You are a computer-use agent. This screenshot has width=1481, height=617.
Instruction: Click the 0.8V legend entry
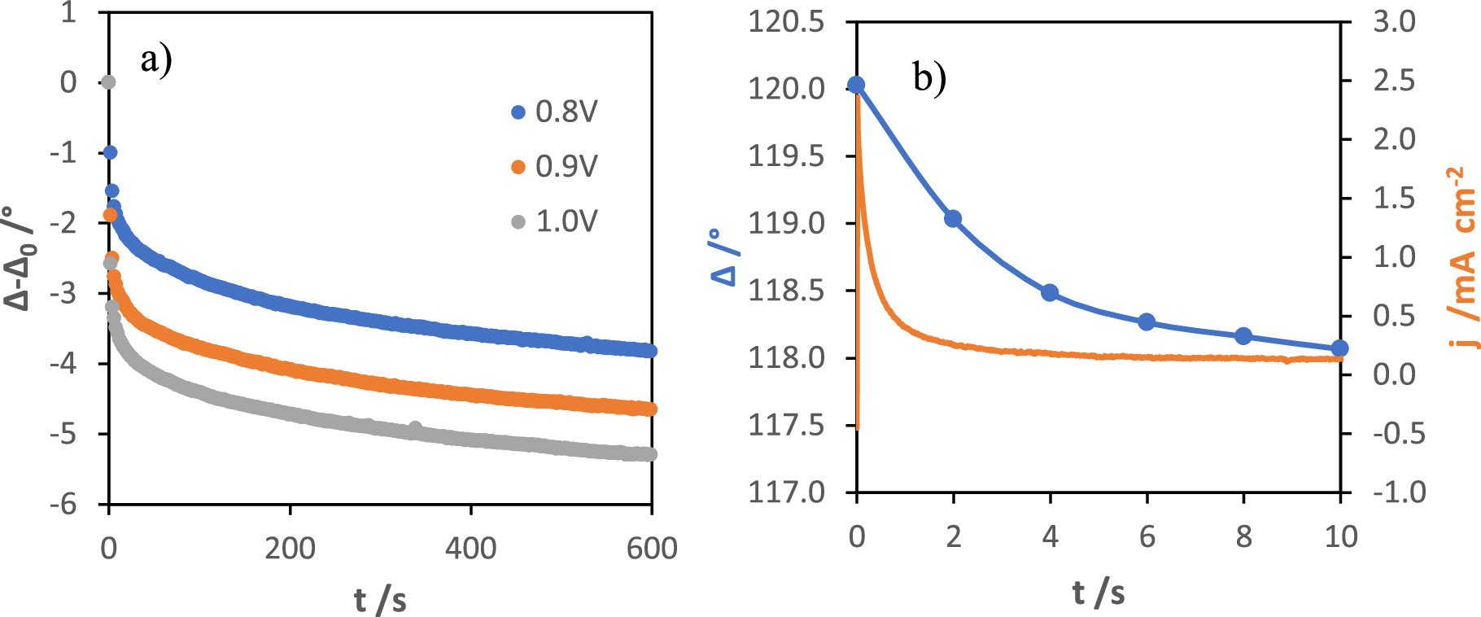(554, 112)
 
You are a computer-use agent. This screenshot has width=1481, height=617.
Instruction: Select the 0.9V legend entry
(554, 167)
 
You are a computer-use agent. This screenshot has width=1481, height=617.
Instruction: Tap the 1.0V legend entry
(554, 221)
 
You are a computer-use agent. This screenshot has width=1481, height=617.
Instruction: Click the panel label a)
(156, 60)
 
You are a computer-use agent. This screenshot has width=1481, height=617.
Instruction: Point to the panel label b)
(929, 78)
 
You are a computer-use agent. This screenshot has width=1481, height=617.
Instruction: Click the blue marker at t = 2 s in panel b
(953, 219)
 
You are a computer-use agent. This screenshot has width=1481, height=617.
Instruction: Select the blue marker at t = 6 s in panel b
(1147, 322)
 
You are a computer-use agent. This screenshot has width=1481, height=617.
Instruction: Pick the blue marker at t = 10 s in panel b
(1339, 348)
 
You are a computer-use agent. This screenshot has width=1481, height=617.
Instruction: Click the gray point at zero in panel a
(108, 82)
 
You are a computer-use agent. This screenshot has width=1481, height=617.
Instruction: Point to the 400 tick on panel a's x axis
(470, 549)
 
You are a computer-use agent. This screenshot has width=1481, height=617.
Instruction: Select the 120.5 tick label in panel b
(786, 22)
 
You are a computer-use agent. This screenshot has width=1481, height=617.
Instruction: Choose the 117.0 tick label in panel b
(786, 492)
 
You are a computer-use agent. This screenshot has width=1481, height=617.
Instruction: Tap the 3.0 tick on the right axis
(1394, 22)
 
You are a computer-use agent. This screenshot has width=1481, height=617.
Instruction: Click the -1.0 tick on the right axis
(1398, 492)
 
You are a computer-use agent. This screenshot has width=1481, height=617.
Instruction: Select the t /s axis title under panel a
(380, 601)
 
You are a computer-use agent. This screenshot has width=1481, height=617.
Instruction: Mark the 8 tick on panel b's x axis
(1243, 537)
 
